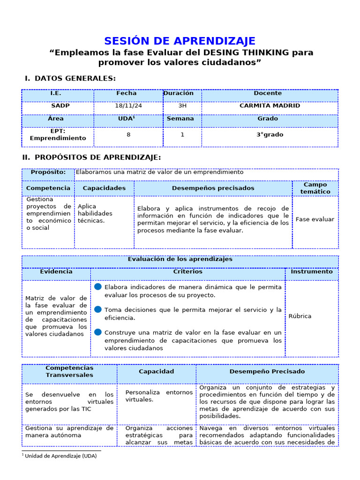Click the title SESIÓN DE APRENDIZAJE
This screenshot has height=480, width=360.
[x=180, y=41]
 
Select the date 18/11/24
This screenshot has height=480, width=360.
[x=128, y=106]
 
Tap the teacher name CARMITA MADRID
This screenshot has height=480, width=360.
[x=270, y=106]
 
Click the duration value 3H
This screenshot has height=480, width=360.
[x=182, y=106]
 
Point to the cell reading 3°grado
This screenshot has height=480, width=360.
[x=270, y=135]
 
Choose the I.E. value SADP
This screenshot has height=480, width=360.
[x=60, y=106]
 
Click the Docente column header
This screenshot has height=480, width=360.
[x=268, y=94]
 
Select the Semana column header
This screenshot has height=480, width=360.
[x=180, y=119]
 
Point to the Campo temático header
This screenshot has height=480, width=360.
[x=315, y=188]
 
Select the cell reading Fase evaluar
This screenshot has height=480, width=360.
[x=315, y=219]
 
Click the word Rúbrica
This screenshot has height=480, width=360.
[x=300, y=316]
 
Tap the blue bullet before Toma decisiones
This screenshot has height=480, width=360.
[x=97, y=309]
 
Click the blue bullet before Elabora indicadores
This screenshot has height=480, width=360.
[x=97, y=286]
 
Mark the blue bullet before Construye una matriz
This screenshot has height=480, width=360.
[x=97, y=332]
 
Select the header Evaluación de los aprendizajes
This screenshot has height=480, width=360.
[x=180, y=259]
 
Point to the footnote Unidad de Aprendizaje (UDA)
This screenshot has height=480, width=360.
[x=60, y=456]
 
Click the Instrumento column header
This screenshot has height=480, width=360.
[x=312, y=272]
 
